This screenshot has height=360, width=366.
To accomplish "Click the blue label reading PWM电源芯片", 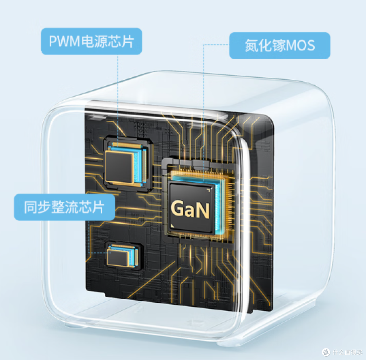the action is coord(91,41).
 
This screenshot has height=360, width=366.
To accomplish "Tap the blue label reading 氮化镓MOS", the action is coord(280,45).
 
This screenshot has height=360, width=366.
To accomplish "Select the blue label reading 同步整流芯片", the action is coord(64,207).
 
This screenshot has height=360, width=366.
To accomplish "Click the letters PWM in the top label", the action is coord(64,41).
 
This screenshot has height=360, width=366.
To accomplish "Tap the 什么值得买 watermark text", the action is coord(347,352).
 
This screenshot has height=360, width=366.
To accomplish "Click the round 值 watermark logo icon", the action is coord(326,352).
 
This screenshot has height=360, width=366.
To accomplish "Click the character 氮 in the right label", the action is coord(252,45).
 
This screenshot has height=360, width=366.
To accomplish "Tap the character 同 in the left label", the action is coord(31,207).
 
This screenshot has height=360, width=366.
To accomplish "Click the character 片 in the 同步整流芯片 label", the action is coord(98,207).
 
